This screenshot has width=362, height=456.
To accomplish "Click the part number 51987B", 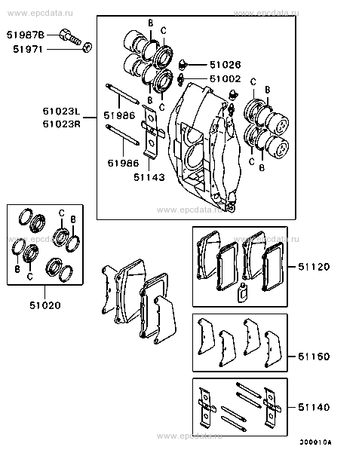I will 26,35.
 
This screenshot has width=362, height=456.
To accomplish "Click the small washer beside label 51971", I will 87,48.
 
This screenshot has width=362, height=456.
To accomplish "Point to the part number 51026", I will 225,65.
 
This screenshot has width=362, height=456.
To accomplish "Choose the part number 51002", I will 225,78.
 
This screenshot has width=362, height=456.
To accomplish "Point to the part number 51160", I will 313,355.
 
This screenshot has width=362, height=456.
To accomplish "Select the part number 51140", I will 313,407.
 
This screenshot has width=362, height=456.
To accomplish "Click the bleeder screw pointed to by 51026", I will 183,63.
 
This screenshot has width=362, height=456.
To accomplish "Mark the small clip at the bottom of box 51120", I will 242,295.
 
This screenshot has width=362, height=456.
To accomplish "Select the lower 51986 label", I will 120,162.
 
